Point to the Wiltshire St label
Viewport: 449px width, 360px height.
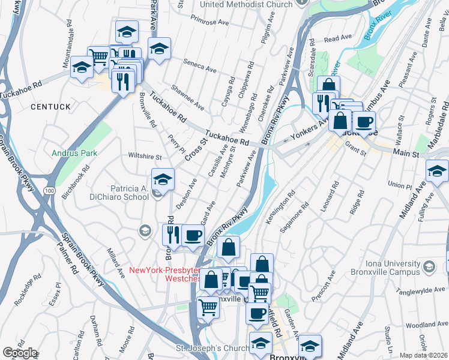(145, 157)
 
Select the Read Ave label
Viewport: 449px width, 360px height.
(337, 38)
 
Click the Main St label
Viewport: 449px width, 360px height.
(406, 154)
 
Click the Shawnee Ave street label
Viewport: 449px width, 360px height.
(187, 97)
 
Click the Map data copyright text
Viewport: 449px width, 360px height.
(424, 355)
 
